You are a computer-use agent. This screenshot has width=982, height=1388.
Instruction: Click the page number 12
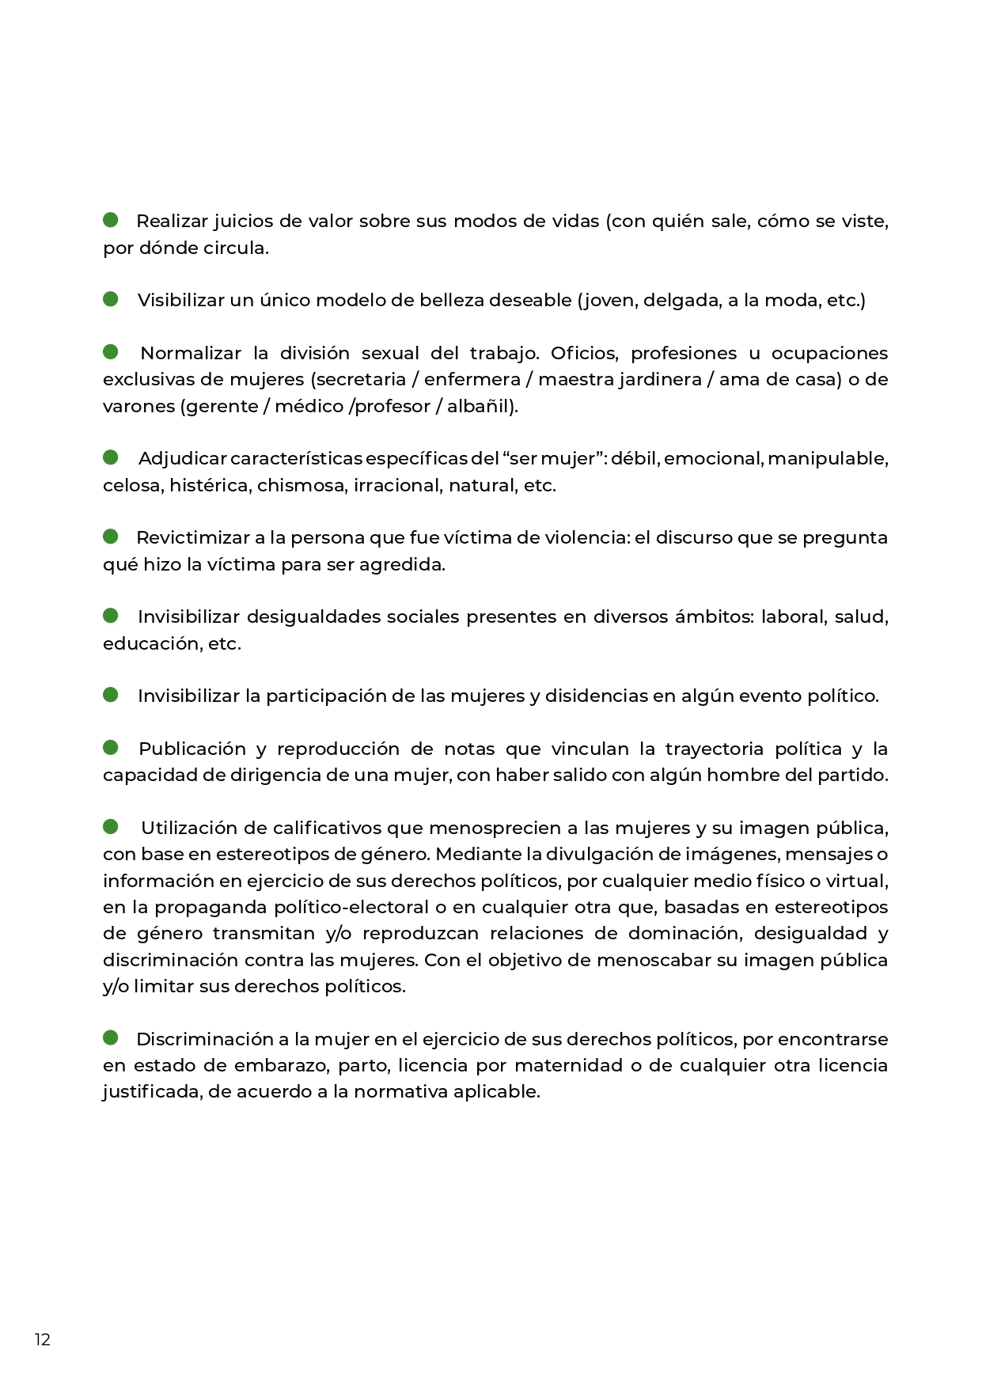(42, 1339)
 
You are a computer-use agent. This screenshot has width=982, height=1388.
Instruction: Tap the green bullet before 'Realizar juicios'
(111, 219)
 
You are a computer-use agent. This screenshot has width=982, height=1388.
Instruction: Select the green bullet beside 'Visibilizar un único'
(111, 298)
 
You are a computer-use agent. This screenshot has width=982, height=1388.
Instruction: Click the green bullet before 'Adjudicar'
(111, 457)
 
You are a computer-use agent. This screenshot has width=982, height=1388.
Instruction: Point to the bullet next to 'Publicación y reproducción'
(111, 747)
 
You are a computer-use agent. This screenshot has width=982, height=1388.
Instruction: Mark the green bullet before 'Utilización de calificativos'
(111, 826)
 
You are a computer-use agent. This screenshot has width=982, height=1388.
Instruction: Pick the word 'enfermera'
(472, 380)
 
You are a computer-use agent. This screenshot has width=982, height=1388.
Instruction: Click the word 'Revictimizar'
(192, 538)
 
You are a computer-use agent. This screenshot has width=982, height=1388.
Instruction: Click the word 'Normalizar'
(191, 354)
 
